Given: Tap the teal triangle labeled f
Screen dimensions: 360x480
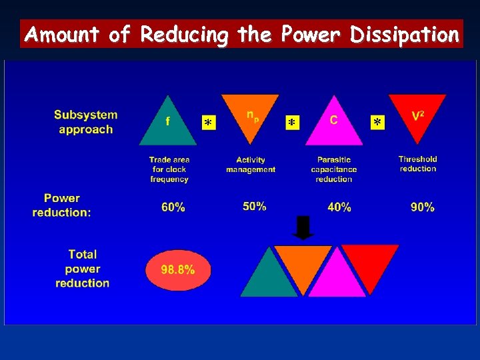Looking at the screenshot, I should pos(168,125).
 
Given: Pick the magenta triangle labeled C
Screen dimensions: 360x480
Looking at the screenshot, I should pos(333,125).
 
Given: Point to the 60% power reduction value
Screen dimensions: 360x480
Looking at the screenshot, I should pos(173,207).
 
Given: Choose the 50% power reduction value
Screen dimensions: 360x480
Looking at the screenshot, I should pos(255,207).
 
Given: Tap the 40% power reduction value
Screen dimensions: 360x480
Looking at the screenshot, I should pos(339,207).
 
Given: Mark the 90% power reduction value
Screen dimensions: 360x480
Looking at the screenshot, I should pos(423,207).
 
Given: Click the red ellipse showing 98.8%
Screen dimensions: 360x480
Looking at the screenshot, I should pos(178,270).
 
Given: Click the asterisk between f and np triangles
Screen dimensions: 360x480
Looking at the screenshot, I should pos(209,123).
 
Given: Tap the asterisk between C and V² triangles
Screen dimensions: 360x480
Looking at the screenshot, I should pos(378,123).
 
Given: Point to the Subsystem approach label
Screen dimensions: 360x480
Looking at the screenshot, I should pos(85,122).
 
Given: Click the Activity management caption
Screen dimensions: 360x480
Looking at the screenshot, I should pos(251,165).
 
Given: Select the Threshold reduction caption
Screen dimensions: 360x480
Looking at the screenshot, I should pos(418,163).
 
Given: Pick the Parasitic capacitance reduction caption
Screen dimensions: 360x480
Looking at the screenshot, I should pos(334,169).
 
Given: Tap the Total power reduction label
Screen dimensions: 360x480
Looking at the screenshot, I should pos(83,269).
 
